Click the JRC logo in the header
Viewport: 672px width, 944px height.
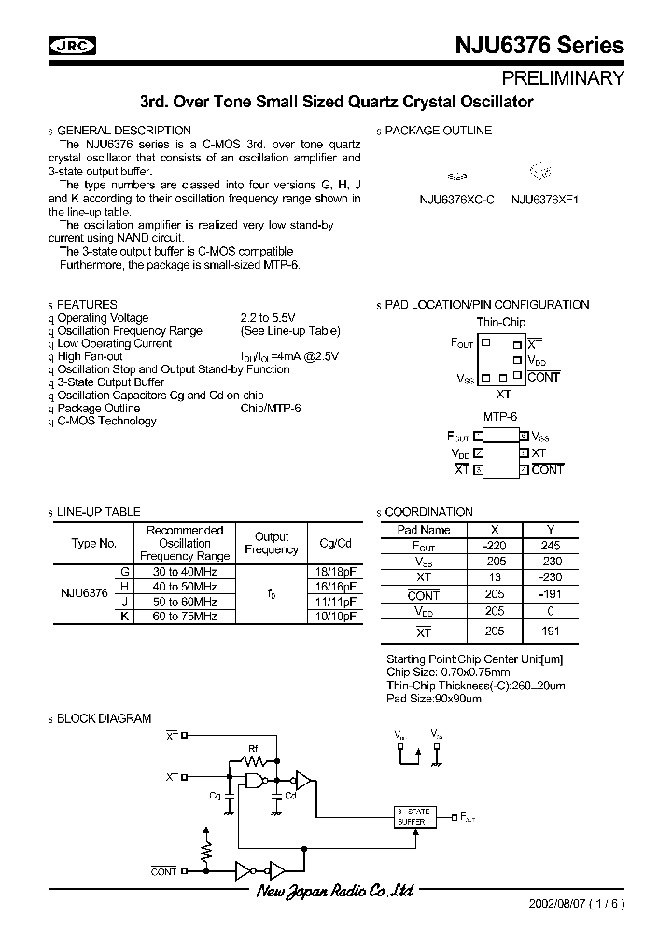click(x=75, y=44)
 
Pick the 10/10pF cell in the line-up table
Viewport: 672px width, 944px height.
click(x=336, y=618)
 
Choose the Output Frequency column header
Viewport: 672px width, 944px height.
click(x=272, y=543)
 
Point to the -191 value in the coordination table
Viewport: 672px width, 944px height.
click(x=551, y=595)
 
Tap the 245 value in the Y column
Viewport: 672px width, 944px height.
click(x=551, y=545)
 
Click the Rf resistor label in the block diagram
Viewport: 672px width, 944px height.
click(x=253, y=748)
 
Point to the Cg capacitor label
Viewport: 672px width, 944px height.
click(x=216, y=796)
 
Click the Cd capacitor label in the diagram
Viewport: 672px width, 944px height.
click(x=290, y=796)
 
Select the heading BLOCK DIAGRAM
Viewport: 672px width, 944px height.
click(x=104, y=718)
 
